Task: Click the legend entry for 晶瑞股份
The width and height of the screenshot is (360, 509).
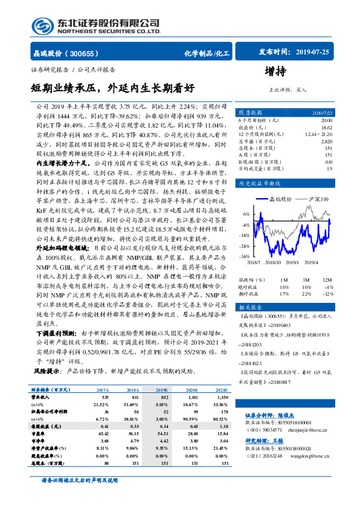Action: pyautogui.click(x=280, y=198)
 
